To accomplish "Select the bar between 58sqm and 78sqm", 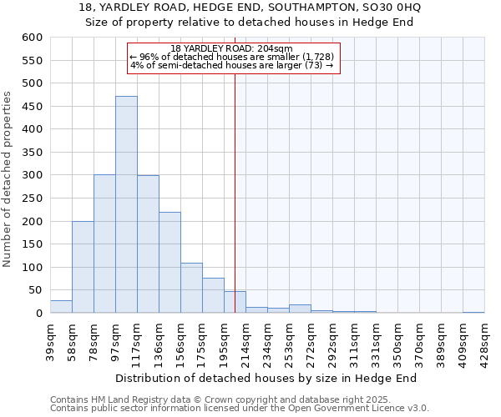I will pyautogui.click(x=83, y=267).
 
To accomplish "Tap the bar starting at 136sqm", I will pyautogui.click(x=170, y=263).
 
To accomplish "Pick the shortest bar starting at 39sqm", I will pyautogui.click(x=61, y=307).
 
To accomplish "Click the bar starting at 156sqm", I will pyautogui.click(x=191, y=289).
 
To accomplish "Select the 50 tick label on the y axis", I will pyautogui.click(x=34, y=290).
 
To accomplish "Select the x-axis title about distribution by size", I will pyautogui.click(x=266, y=378).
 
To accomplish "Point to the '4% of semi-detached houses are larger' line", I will pyautogui.click(x=232, y=65).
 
